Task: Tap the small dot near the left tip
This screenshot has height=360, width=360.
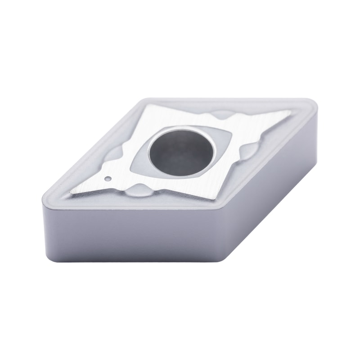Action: [108, 179]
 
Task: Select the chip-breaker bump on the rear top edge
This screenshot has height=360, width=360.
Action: [221, 115]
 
